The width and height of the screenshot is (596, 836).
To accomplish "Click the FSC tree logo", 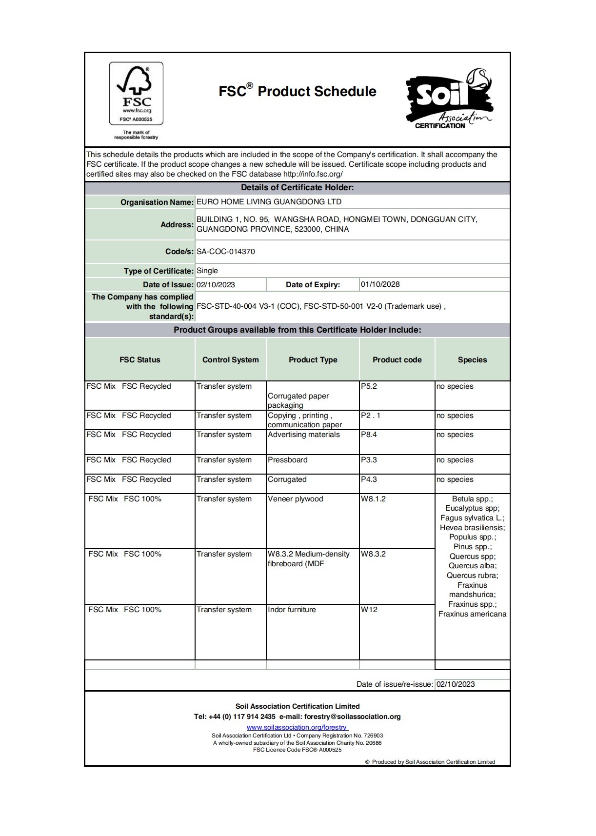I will (x=136, y=93).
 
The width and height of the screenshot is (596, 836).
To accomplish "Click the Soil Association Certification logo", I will (x=448, y=100).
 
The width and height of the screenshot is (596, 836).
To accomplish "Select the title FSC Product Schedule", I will (x=298, y=91).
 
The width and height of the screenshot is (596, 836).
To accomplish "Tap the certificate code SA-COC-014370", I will (x=226, y=252).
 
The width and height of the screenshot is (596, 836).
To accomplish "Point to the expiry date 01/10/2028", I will (x=380, y=284).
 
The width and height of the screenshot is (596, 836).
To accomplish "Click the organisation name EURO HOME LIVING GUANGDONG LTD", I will (x=269, y=202).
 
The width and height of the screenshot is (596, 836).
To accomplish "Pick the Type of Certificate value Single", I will (x=207, y=271).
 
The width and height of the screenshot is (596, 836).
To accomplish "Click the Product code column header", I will (x=397, y=360).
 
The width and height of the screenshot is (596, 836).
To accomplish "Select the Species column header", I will (x=472, y=360).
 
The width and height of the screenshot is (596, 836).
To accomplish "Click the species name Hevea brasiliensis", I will (x=472, y=528).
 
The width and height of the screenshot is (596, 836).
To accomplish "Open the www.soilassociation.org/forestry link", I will (x=297, y=727).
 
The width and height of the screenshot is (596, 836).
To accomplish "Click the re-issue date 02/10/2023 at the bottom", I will (x=456, y=684).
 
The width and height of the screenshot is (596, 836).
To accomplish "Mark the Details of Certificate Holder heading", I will (x=298, y=188).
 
